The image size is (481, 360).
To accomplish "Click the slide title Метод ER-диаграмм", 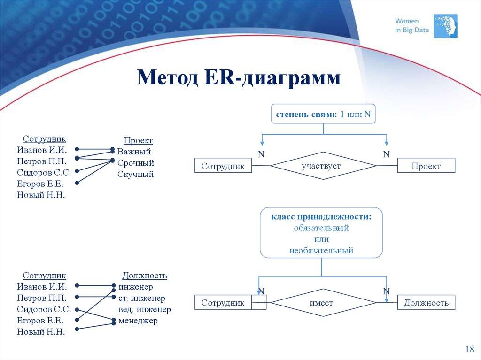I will pos(238,77).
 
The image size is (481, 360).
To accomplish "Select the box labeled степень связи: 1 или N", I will pos(324,114).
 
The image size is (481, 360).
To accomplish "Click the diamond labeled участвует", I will pos(323,166).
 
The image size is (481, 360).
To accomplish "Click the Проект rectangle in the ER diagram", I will pos(426,166).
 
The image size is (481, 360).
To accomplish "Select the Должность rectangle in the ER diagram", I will pos(426,303).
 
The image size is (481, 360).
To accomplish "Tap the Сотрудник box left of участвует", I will pos(223,166).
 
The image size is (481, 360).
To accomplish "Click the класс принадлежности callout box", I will pos(321,233).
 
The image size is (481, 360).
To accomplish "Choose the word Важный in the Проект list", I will pos(134,152).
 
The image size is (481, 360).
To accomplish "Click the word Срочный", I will pos(136,163).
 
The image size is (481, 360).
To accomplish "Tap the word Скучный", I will pos(136,174).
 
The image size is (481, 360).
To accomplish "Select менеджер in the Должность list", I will pos(138,321).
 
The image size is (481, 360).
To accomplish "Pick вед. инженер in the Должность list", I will pos(145,309).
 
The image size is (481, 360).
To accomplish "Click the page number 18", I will pos(469,349).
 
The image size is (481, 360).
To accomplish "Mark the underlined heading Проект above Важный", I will pos(138,140).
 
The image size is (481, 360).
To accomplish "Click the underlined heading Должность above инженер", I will pos(145,276).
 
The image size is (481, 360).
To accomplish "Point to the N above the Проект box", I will pos(386,154).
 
